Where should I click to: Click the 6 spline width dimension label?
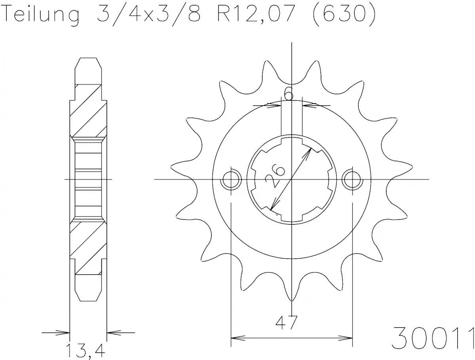pyautogui.click(x=289, y=94)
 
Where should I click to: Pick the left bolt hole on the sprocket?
pyautogui.click(x=231, y=180)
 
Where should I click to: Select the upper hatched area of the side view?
pyautogui.click(x=88, y=111)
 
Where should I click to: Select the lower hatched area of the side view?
pyautogui.click(x=88, y=247)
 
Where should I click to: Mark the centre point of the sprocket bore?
pyautogui.click(x=291, y=180)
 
